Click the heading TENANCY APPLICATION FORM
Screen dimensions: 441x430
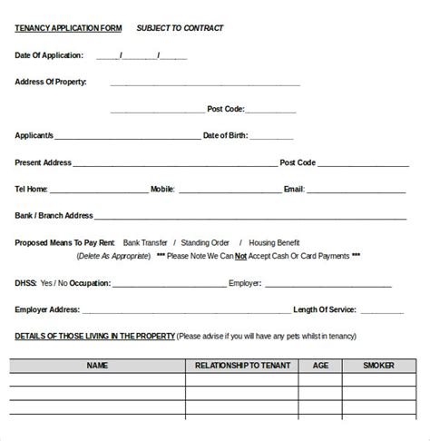68,28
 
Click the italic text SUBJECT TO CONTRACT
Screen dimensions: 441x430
180,28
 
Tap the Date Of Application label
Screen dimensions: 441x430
50,55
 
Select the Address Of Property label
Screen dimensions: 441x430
51,82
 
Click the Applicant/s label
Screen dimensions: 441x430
34,135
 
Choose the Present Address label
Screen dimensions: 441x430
43,162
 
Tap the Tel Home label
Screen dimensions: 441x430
32,190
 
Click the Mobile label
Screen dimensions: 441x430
162,190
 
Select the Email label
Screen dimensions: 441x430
294,190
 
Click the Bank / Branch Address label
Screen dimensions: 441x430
54,216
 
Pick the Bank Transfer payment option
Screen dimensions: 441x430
145,243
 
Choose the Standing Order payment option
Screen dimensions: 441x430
206,243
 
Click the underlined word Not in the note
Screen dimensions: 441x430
241,256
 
